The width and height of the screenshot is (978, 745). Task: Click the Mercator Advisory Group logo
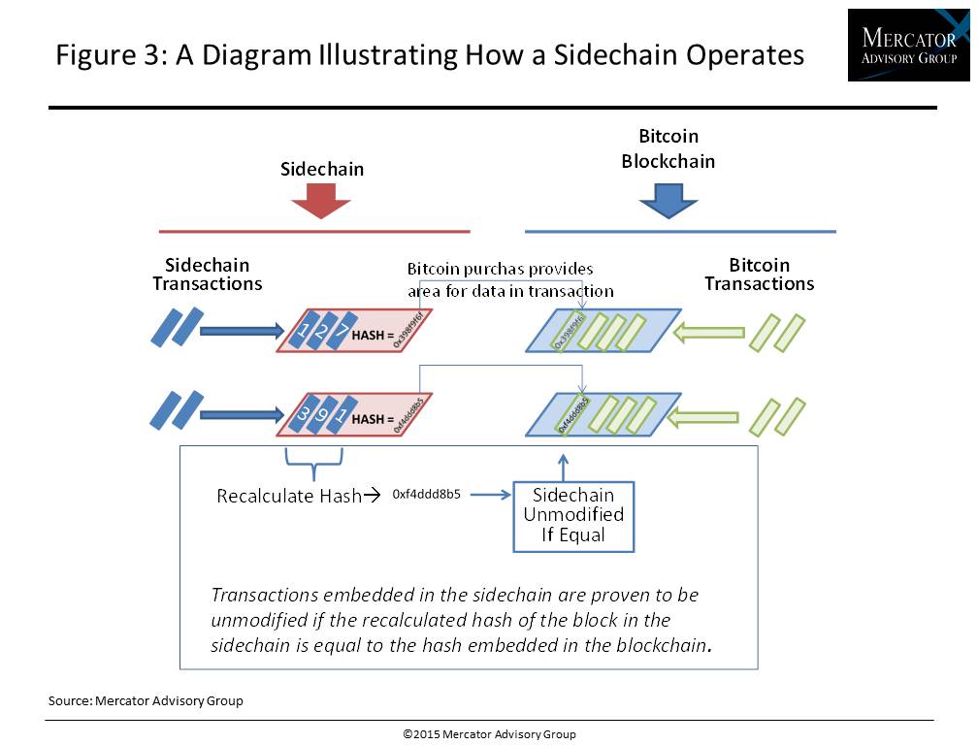tap(907, 45)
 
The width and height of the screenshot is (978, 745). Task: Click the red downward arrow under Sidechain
tap(321, 201)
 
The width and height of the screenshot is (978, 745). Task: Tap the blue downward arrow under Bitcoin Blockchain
tap(668, 201)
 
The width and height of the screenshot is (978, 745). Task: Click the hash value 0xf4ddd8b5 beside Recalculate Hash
tap(426, 494)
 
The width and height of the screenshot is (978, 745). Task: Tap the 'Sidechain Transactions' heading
tap(207, 275)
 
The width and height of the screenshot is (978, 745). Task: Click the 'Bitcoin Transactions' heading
tap(759, 275)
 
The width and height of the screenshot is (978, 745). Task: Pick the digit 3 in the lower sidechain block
tap(305, 415)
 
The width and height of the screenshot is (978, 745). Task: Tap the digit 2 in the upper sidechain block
tap(324, 330)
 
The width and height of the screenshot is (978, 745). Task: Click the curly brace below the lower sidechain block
tap(313, 467)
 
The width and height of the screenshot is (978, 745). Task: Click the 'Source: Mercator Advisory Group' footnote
tap(146, 700)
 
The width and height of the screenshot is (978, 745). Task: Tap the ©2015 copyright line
tap(489, 734)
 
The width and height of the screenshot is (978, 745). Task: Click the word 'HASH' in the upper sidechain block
tap(370, 335)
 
